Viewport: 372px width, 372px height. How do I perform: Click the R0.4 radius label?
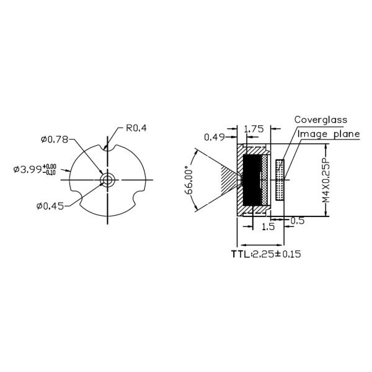tap(135, 128)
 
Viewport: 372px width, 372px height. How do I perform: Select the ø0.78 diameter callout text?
tap(55, 139)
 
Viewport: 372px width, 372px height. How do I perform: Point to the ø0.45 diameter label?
tap(50, 206)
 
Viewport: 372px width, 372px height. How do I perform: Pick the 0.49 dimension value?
tap(215, 137)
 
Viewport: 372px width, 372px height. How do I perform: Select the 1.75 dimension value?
tap(254, 129)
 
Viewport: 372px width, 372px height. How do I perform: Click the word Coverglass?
tap(321, 119)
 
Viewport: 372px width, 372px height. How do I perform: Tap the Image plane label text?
tap(329, 133)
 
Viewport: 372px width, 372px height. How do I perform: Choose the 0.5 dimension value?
tap(298, 220)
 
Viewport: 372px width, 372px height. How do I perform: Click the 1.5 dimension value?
tap(268, 227)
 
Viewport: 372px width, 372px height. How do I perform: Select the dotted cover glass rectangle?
tap(280, 180)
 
